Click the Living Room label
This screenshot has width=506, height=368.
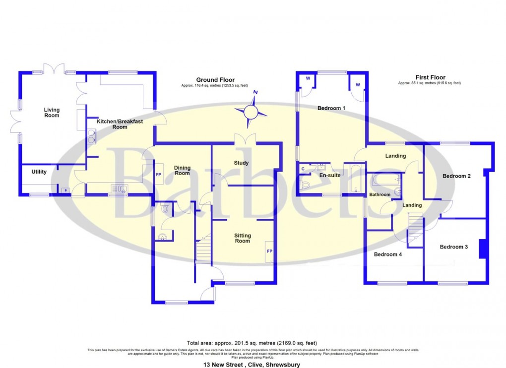pyautogui.click(x=52, y=113)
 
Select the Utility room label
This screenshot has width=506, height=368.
pyautogui.click(x=39, y=172)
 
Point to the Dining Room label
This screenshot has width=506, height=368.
pyautogui.click(x=182, y=170)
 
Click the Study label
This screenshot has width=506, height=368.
pyautogui.click(x=241, y=163)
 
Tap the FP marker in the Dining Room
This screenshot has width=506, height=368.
pyautogui.click(x=159, y=175)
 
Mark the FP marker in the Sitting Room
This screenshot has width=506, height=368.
pyautogui.click(x=269, y=251)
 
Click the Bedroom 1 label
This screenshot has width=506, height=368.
pyautogui.click(x=331, y=108)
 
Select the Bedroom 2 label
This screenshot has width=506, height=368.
pyautogui.click(x=456, y=176)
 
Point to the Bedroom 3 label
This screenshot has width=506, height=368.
pyautogui.click(x=453, y=247)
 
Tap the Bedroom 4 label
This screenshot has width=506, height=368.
pyautogui.click(x=388, y=255)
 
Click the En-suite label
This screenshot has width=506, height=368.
pyautogui.click(x=329, y=175)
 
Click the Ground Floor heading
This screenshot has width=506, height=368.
pyautogui.click(x=215, y=80)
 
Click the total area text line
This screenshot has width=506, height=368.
pyautogui.click(x=252, y=343)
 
